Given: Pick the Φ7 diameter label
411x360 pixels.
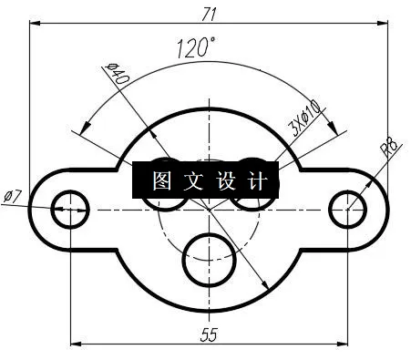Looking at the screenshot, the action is click(x=13, y=195).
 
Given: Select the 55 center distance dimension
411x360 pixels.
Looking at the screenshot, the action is click(x=209, y=334).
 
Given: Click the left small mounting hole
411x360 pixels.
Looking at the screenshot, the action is click(x=70, y=209).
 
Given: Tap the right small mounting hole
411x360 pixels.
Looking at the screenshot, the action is click(x=348, y=209).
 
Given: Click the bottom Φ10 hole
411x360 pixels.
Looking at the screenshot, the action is click(x=209, y=253).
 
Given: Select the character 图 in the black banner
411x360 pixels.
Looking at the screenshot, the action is click(x=162, y=181).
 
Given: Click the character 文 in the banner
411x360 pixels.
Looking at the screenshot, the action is click(x=192, y=181).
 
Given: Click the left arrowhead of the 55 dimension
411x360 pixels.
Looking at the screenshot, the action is click(x=75, y=345).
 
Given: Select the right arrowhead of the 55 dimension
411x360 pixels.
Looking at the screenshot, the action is click(x=344, y=345).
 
